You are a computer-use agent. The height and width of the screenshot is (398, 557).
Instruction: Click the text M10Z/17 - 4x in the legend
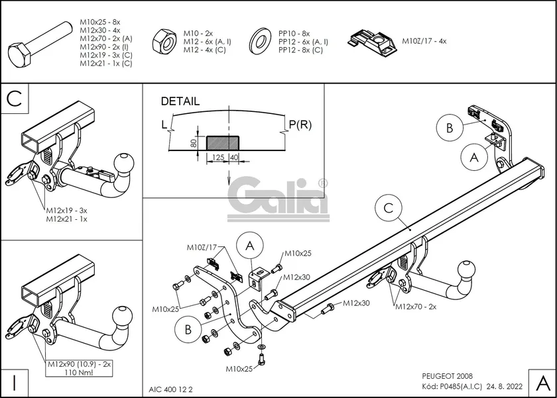coord(424,41)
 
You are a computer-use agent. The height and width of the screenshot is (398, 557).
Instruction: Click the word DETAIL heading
coord(180,101)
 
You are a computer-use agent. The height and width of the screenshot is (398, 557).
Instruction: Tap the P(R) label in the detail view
coord(300,124)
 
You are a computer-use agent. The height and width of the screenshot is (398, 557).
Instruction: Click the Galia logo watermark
coord(278,199)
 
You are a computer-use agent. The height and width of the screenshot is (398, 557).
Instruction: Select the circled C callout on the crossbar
coord(389,209)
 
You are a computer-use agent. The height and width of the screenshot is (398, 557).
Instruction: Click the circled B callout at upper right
coord(450,127)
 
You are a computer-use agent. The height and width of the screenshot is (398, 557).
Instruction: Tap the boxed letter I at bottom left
coord(15,382)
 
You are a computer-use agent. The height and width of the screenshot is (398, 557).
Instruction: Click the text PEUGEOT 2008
coord(448,375)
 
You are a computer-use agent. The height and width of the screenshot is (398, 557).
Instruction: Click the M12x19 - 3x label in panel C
coord(67,210)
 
